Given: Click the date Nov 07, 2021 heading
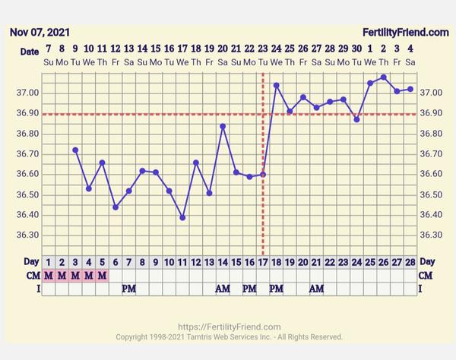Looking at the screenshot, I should (x=39, y=32).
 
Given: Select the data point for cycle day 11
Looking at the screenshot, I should (x=182, y=217).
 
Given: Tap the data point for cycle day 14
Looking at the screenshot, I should (x=223, y=127).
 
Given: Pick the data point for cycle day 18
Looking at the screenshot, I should (x=276, y=85).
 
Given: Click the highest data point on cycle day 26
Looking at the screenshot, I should (x=384, y=77).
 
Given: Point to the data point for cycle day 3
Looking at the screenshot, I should (x=75, y=150).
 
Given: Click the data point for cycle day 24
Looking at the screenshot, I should (x=356, y=119).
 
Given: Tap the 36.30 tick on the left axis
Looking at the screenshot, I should (x=25, y=235).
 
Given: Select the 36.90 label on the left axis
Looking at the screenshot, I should (x=25, y=113).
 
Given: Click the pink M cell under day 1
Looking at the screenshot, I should (x=49, y=274).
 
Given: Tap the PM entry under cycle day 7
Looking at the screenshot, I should (x=128, y=289).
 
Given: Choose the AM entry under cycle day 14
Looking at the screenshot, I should (x=223, y=289).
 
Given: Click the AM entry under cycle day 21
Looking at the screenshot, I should (x=316, y=289).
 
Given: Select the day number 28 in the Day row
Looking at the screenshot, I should (x=410, y=261).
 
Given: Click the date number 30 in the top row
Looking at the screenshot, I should (x=356, y=49).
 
